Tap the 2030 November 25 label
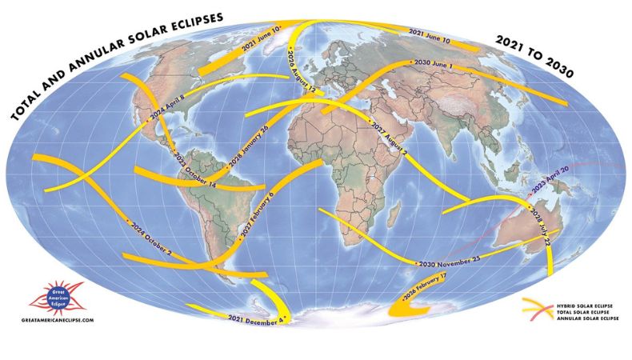point(448,262)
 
